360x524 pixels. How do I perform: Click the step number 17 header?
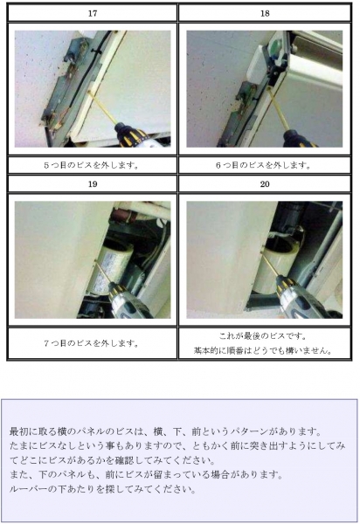tap(93, 13)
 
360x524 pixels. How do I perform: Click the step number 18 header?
tap(265, 13)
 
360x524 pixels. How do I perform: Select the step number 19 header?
tap(93, 184)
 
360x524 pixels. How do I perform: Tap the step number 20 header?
tap(265, 184)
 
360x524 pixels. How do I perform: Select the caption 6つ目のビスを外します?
tap(263, 165)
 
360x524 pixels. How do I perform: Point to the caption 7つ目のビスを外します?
tap(91, 343)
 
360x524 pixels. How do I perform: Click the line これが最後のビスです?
tap(263, 336)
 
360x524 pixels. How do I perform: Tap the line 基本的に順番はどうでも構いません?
tap(263, 350)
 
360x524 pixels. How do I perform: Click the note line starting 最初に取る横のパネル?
tap(165, 431)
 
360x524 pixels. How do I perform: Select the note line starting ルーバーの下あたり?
tap(102, 489)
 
